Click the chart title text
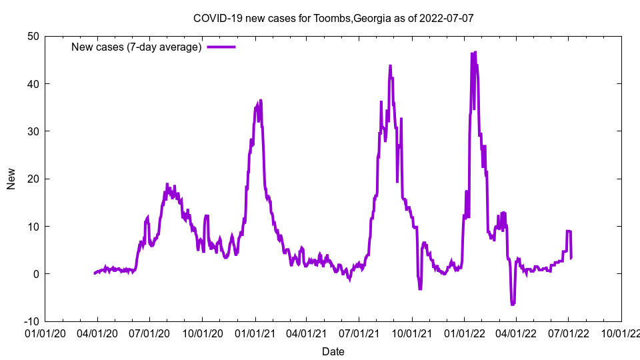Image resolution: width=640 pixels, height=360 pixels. tap(333, 18)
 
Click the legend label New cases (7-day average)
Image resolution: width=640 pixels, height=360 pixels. tap(137, 47)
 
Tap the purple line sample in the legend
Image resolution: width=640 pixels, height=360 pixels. tap(221, 47)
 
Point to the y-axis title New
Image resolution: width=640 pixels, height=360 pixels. tap(11, 179)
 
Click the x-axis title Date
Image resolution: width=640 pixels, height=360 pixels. tap(333, 351)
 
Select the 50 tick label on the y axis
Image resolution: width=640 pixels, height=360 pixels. tap(32, 36)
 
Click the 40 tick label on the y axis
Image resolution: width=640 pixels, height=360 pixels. tap(32, 84)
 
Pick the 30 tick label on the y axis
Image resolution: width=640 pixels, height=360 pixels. tap(32, 131)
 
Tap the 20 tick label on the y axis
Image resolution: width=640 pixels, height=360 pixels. tap(32, 179)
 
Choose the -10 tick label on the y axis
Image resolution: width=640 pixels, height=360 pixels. tap(30, 321)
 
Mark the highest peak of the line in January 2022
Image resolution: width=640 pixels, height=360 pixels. tap(475, 52)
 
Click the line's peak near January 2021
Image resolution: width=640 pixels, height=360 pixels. tap(261, 100)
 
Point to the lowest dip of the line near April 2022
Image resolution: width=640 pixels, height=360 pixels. tap(513, 305)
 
